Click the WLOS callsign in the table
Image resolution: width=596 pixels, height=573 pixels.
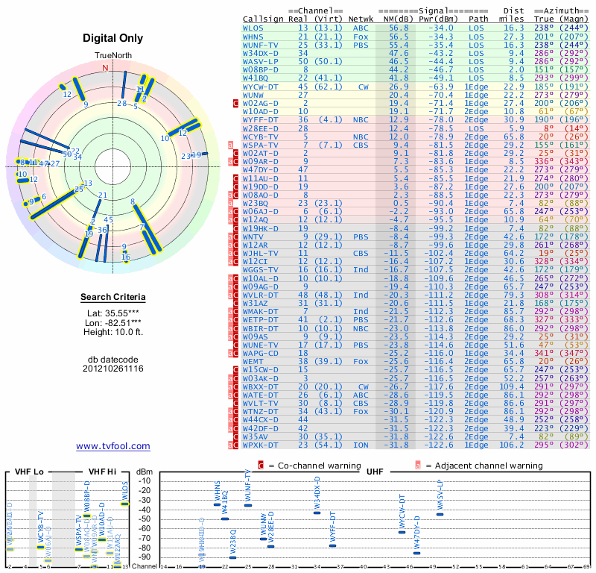253,28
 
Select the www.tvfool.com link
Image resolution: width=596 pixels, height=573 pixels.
113,446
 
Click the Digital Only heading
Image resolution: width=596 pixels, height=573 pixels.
113,38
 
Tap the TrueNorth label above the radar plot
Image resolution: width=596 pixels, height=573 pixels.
112,56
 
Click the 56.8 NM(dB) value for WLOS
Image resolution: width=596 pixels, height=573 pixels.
398,28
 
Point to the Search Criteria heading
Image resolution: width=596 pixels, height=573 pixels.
113,298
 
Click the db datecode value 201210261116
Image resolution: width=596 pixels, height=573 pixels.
113,369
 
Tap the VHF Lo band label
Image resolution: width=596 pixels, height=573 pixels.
24,472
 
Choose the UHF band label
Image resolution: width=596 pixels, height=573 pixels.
375,472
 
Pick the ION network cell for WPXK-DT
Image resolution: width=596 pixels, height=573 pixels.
361,445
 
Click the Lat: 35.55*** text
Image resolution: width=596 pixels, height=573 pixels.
113,314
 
